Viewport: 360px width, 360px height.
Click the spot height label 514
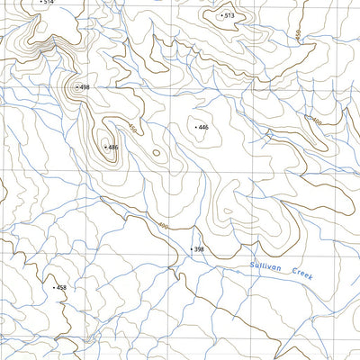[x=49, y=3]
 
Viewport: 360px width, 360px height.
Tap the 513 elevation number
[x=229, y=16]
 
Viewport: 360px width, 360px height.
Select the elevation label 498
[x=85, y=86]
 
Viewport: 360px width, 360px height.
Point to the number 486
[x=112, y=147]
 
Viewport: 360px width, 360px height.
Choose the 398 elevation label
[x=199, y=249]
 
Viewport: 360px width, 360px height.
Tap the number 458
[x=61, y=288]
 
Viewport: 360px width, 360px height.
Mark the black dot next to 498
[x=76, y=86]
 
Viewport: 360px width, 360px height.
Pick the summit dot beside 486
[x=104, y=147]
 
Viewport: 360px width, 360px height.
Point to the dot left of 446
[x=194, y=128]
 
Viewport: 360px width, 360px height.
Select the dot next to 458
[x=53, y=288]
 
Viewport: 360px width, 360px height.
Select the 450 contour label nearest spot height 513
[x=296, y=37]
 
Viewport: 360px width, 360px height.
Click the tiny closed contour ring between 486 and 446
[x=157, y=154]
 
